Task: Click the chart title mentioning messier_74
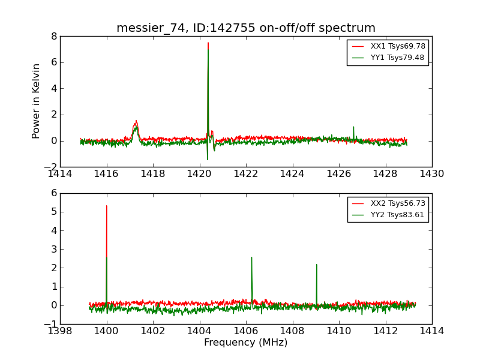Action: tap(246, 28)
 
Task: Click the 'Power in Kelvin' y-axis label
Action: tap(37, 101)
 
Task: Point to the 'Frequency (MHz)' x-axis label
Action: tap(246, 343)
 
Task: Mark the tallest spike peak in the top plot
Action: tap(208, 43)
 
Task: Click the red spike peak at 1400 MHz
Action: tap(107, 206)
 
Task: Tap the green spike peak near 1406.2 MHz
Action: tap(251, 257)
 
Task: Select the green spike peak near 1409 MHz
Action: tap(316, 265)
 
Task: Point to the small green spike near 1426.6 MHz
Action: tap(353, 127)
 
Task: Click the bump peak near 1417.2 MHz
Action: tap(136, 121)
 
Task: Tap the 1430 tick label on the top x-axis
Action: tap(432, 174)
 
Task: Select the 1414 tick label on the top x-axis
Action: tap(60, 174)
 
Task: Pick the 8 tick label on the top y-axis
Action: tap(54, 36)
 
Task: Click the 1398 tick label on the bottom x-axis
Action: tap(60, 331)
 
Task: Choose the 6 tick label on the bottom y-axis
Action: tap(54, 193)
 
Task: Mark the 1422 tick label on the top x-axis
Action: tap(246, 174)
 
